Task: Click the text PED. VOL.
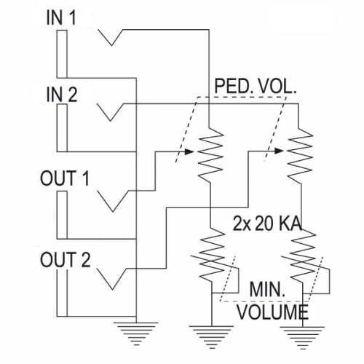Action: click(256, 88)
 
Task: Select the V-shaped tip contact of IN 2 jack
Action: click(111, 113)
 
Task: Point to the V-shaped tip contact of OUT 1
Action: click(113, 199)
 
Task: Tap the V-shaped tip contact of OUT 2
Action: click(113, 279)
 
